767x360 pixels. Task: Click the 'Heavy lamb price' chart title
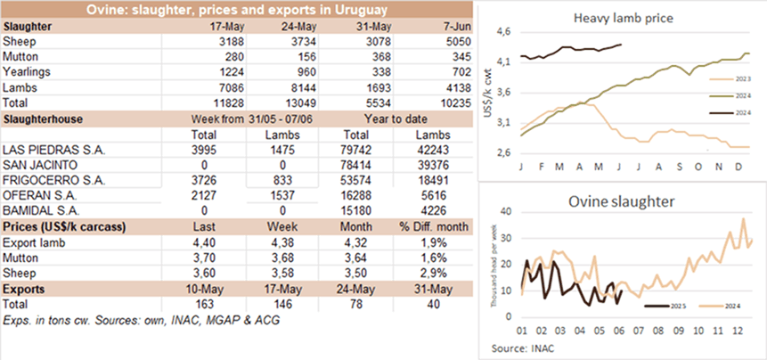(618, 18)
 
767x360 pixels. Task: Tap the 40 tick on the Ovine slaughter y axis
(505, 211)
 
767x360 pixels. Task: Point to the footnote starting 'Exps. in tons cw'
(134, 319)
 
